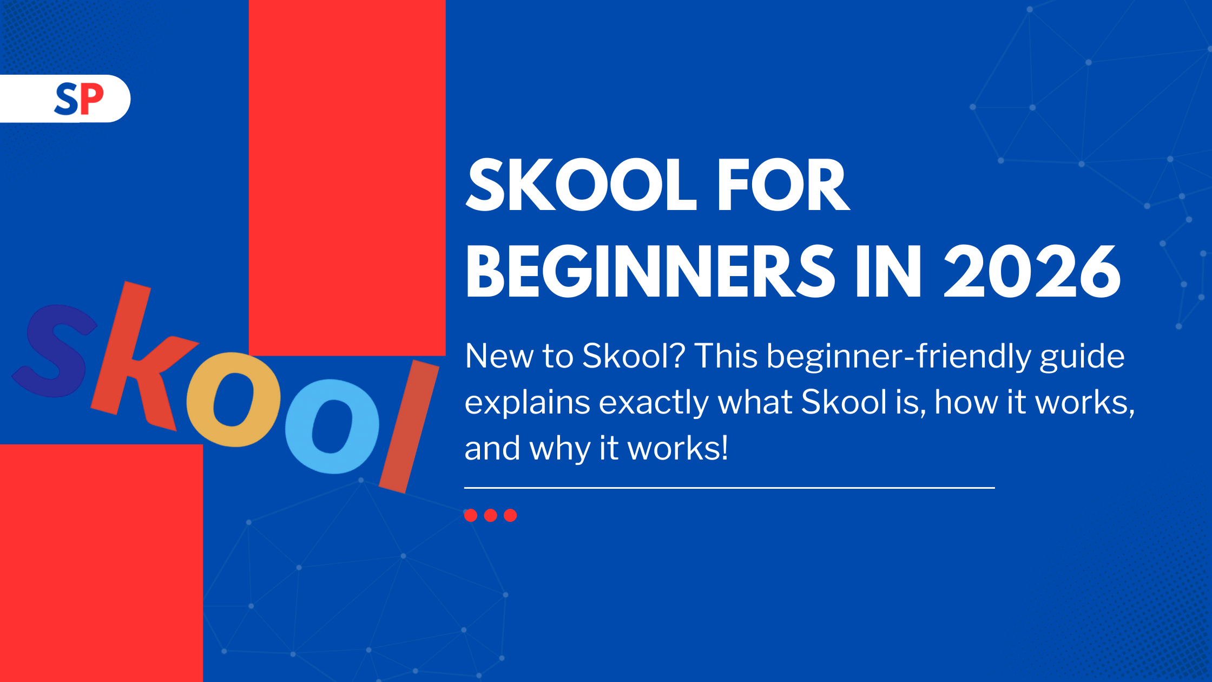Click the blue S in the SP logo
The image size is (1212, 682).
click(66, 99)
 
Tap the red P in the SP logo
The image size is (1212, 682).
click(91, 99)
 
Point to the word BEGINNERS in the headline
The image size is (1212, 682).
click(650, 271)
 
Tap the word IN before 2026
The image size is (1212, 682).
click(888, 271)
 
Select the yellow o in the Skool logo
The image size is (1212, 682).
click(233, 399)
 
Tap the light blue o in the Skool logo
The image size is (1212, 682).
click(332, 427)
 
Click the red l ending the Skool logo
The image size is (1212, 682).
click(409, 427)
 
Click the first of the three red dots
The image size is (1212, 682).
click(471, 515)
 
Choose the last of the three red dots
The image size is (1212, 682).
click(510, 515)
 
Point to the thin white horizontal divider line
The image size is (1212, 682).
click(729, 488)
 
